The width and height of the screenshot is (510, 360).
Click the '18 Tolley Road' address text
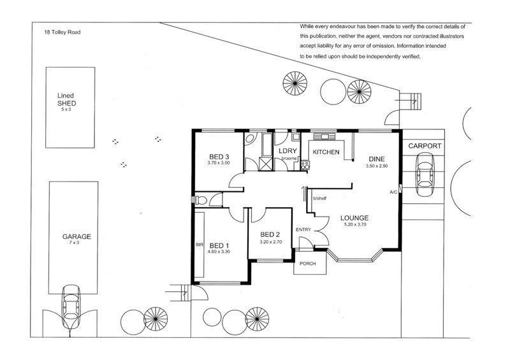point(62,32)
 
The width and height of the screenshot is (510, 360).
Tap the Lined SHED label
point(66,100)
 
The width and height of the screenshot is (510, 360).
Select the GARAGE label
point(76,237)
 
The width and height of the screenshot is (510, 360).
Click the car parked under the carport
point(425,175)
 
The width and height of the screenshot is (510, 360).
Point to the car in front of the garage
point(71,303)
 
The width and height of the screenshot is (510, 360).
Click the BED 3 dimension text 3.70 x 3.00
point(219,162)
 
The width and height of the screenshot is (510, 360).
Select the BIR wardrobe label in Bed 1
point(200,245)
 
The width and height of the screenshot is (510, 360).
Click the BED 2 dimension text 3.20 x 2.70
point(270,242)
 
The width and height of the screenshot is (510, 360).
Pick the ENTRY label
point(303,229)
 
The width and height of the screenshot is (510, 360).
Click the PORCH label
point(307,263)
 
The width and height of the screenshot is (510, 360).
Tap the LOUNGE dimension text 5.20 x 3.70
point(354,224)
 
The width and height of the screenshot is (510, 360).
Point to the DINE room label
point(376,159)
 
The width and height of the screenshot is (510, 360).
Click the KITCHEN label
point(326,152)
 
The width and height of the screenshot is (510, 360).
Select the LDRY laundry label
point(288,151)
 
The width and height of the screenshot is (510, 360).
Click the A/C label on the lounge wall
point(393,192)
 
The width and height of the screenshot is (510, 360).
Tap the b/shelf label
point(319,198)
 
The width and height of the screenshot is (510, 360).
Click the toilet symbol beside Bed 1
point(200,200)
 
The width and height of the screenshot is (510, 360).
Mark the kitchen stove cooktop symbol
point(305,165)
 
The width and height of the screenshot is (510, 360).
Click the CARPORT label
point(425,146)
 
